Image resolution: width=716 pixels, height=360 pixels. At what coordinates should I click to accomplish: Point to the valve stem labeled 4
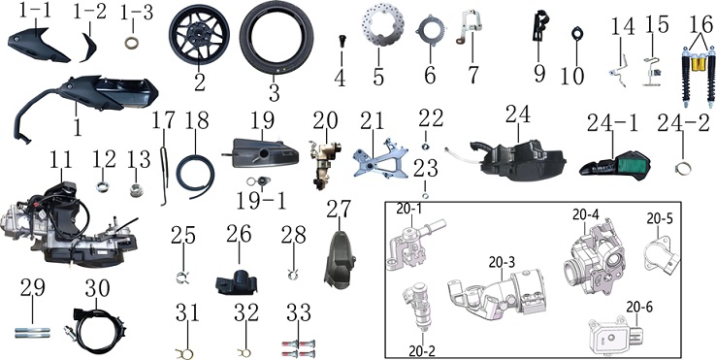342,40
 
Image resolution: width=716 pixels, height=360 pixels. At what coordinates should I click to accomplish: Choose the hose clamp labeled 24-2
683,170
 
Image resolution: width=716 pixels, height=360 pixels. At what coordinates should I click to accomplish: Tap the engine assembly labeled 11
69,228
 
